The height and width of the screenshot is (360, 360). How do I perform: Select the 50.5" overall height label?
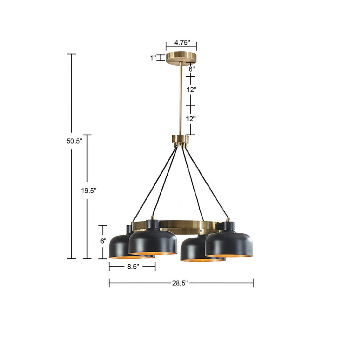(74, 141)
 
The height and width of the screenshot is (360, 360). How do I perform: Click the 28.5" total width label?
(180, 283)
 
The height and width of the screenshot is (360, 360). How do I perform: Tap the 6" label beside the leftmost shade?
(103, 241)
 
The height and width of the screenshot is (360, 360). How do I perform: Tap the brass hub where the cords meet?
(180, 140)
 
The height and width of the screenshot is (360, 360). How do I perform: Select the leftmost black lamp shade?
(118, 246)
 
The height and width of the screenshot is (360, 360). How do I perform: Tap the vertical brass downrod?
(181, 98)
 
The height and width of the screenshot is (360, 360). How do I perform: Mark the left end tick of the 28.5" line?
(109, 283)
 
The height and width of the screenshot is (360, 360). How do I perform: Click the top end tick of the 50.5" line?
(71, 54)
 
